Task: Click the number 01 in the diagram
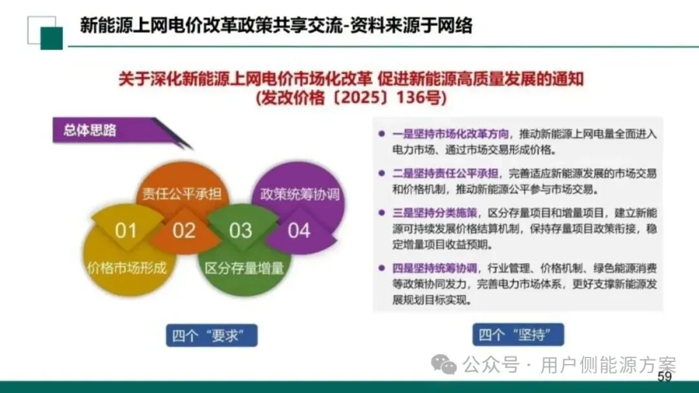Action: [126, 230]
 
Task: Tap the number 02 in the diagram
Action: [184, 230]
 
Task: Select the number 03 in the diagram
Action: [241, 230]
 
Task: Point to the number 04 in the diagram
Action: [299, 230]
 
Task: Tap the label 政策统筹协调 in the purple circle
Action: [300, 193]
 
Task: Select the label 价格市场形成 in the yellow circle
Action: [127, 267]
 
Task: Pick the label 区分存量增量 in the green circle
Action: [245, 267]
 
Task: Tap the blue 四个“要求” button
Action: [212, 335]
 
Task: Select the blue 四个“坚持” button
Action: [518, 335]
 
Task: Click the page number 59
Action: [665, 377]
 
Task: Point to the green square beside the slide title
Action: [51, 38]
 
